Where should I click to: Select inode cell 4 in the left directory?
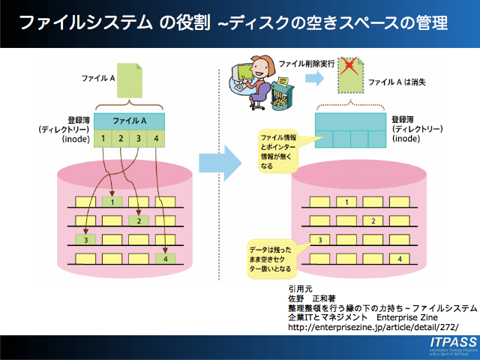[156, 138]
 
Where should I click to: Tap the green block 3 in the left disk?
[85, 240]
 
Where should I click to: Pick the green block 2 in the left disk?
[139, 220]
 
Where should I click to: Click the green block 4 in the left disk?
[166, 259]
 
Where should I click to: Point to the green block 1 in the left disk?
[112, 201]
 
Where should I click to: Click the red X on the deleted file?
[348, 68]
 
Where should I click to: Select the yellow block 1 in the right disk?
[346, 202]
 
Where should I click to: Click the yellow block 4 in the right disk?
[400, 259]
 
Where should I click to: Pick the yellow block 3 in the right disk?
[319, 240]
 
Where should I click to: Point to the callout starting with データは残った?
[271, 257]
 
